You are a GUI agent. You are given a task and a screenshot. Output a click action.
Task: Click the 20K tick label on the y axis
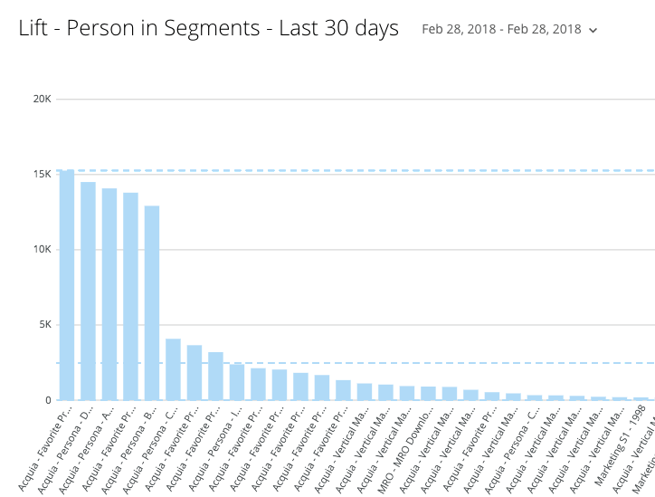[42, 99]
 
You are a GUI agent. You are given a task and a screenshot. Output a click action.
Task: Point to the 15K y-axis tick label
[42, 174]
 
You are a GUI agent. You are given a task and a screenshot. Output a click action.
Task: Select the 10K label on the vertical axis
[42, 250]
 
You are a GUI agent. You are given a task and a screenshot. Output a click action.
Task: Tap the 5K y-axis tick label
[44, 325]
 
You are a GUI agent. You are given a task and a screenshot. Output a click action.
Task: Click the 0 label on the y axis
[48, 400]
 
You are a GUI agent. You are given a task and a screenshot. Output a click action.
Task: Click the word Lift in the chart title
[33, 29]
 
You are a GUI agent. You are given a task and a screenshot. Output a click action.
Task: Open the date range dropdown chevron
[593, 31]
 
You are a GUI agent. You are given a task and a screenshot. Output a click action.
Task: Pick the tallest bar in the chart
[67, 285]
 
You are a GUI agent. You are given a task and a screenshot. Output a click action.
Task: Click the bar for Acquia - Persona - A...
[109, 294]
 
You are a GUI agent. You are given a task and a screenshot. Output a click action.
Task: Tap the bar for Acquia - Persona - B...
[152, 303]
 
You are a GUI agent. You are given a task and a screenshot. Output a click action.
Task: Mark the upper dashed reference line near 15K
[362, 169]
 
